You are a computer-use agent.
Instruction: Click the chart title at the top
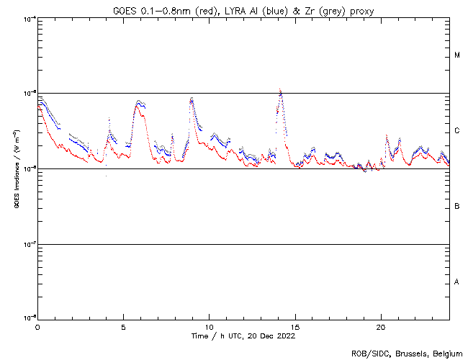click(243, 9)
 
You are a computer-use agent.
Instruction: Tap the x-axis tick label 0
click(37, 326)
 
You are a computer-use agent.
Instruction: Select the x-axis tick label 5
click(123, 326)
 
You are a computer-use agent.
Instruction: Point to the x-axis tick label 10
click(209, 326)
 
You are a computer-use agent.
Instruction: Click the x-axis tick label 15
click(294, 326)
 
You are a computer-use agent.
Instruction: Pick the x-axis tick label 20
click(380, 326)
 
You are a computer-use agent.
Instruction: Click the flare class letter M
click(457, 55)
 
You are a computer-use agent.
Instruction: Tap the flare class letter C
click(457, 131)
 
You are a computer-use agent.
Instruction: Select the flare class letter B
click(457, 207)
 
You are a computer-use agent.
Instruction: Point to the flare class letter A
click(457, 282)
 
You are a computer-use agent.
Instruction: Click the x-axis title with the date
click(243, 336)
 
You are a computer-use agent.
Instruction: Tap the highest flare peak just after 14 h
click(280, 90)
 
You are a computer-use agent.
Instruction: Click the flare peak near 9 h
click(192, 98)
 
